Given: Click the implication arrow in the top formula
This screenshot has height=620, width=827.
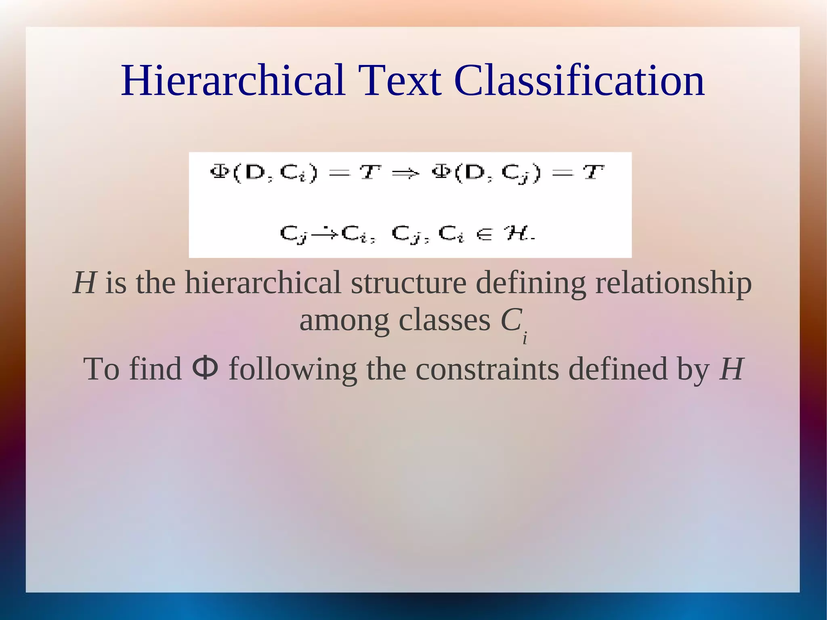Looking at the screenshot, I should tap(406, 174).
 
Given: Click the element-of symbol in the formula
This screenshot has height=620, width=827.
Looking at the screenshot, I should tap(485, 234).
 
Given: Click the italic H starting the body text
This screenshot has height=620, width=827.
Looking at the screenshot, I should tap(84, 283).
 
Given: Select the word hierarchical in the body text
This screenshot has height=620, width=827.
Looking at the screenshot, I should tap(263, 283).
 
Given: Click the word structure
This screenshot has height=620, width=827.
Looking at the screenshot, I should tap(408, 283).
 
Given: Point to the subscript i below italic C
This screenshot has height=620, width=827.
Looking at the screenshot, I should tap(525, 338).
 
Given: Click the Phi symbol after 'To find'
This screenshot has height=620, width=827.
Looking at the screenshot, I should tap(206, 368).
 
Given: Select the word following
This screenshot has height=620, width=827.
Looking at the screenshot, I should tap(293, 370).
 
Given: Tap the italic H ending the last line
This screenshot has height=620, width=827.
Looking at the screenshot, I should tap(731, 369).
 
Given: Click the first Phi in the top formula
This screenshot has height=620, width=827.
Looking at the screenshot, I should tap(220, 172).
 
